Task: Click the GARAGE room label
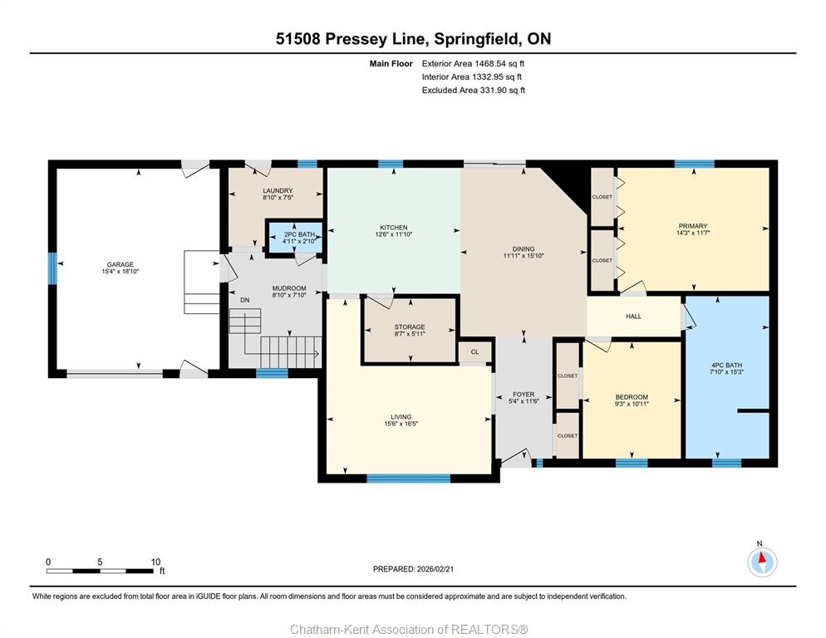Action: pos(120,264)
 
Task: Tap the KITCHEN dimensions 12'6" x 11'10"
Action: pos(394,234)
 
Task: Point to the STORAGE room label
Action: pos(410,327)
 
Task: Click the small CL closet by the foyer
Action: pos(474,352)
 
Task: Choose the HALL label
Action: pos(634,317)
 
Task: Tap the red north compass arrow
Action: pos(762,557)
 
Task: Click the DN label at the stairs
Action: pos(245,300)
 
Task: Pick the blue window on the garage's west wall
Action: pos(52,268)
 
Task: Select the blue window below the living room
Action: pos(408,478)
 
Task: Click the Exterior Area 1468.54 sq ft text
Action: pos(473,64)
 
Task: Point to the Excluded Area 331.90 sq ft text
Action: pos(474,90)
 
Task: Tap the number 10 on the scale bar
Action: pos(155,562)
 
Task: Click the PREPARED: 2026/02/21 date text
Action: pos(413,569)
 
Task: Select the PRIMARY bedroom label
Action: pos(693,225)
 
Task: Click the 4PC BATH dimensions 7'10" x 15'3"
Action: pos(726,372)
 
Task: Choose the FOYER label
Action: pos(524,394)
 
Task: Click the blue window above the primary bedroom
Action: pos(695,164)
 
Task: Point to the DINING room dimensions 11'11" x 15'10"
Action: pos(523,256)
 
